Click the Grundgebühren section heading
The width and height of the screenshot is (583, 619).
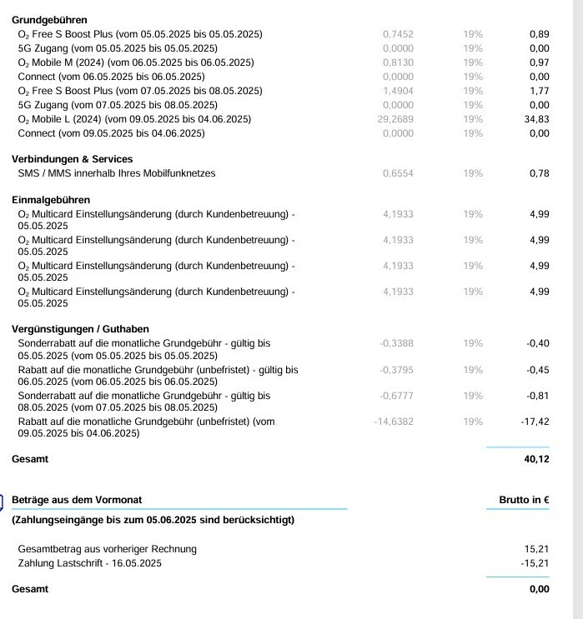pos(49,19)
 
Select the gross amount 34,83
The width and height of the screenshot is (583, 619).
pos(538,119)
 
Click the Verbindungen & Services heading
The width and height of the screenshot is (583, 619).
pos(72,159)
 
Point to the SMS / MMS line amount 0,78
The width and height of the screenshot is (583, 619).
pos(539,173)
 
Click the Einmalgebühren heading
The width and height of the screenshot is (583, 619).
pos(51,200)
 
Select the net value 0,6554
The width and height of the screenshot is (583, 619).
pos(398,173)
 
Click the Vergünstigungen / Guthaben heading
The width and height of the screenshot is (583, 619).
pos(80,329)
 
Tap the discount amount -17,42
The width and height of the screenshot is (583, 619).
pos(535,422)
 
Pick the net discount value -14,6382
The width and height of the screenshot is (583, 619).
pos(394,422)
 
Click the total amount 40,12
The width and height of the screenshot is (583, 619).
pos(536,459)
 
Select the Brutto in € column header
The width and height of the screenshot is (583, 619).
pos(524,500)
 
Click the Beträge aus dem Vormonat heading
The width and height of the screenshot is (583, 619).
pos(77,500)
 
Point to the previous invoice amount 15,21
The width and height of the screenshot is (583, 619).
pos(538,548)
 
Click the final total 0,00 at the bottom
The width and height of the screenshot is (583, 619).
pos(539,589)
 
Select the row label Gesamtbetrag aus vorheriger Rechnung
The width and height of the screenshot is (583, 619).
pos(107,548)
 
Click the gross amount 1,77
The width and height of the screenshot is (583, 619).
pos(539,91)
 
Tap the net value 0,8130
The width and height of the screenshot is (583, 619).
pos(398,62)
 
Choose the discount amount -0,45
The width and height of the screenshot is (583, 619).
pos(538,370)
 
